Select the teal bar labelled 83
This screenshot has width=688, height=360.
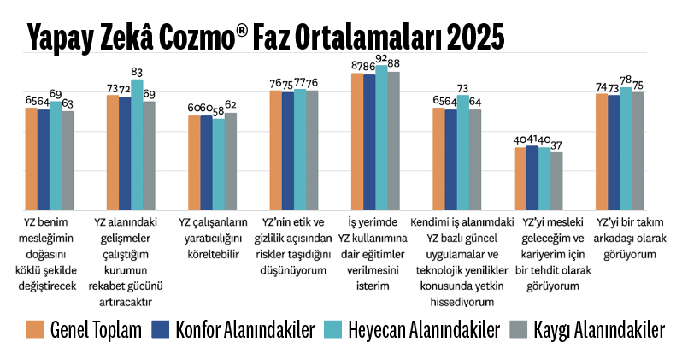coord(137,145)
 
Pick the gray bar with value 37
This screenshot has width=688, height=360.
coord(557,180)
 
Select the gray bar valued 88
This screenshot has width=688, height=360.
coord(393,140)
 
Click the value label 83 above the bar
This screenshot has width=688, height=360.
coord(137,73)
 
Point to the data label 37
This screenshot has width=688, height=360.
coord(557,145)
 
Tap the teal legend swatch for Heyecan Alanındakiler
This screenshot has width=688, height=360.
coord(337,329)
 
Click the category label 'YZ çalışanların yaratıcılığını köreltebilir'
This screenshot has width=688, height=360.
coord(213,236)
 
